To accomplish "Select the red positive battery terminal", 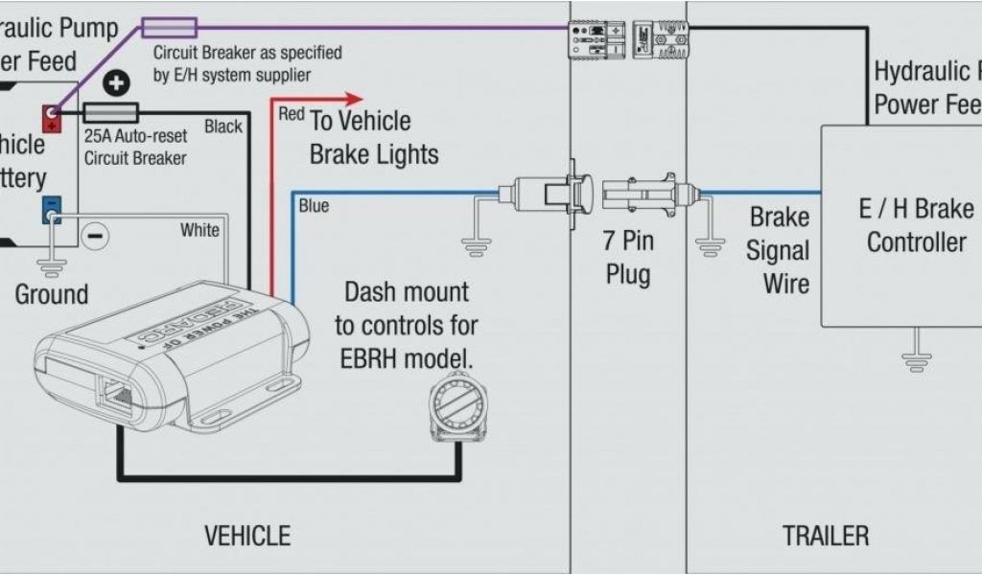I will pyautogui.click(x=51, y=118).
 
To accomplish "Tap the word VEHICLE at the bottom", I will pyautogui.click(x=247, y=535).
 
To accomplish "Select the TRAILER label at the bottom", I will pyautogui.click(x=825, y=535).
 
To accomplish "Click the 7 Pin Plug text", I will pyautogui.click(x=628, y=256).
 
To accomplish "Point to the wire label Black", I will pyautogui.click(x=224, y=126).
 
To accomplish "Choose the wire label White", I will pyautogui.click(x=199, y=230).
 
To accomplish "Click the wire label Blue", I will pyautogui.click(x=314, y=204).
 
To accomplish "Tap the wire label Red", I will pyautogui.click(x=292, y=114).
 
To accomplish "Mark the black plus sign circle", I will pyautogui.click(x=116, y=84).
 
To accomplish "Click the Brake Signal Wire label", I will pyautogui.click(x=778, y=251).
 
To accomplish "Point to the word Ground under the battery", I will pyautogui.click(x=52, y=293).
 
